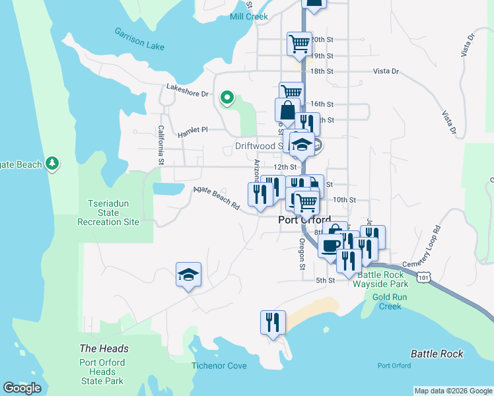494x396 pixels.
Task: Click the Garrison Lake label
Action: (x=139, y=39)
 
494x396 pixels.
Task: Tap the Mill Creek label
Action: (x=248, y=16)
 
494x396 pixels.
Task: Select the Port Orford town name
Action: (x=304, y=220)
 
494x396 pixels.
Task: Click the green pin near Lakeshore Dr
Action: (x=227, y=98)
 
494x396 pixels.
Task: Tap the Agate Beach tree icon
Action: (x=52, y=164)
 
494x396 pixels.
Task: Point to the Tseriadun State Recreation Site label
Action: (x=108, y=213)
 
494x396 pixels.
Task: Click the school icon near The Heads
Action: (x=188, y=275)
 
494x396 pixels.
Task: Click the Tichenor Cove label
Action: (x=219, y=366)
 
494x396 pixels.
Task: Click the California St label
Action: (x=160, y=145)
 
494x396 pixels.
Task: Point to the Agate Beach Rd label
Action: (x=216, y=197)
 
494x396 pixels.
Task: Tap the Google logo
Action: (x=22, y=388)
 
